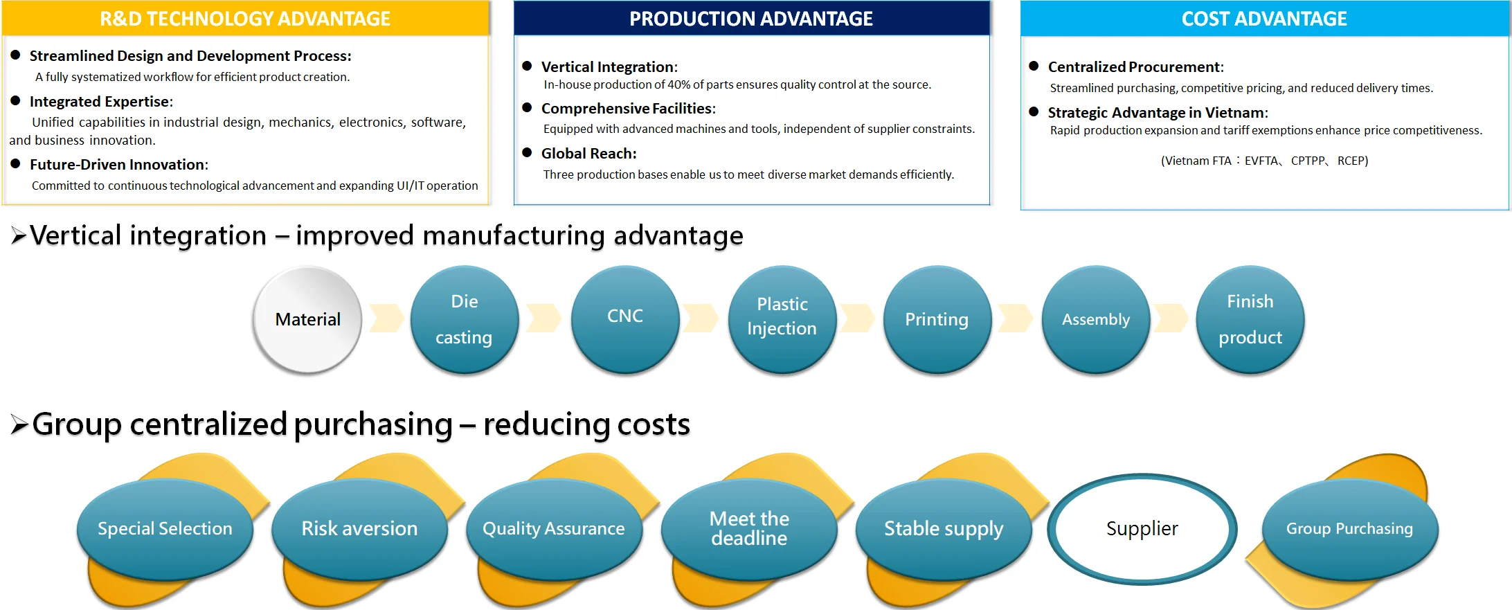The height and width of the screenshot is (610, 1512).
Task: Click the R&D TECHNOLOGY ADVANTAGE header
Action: pyautogui.click(x=246, y=19)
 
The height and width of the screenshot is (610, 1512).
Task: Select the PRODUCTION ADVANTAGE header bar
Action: pyautogui.click(x=751, y=19)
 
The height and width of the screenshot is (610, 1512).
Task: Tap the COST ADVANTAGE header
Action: pyautogui.click(x=1264, y=19)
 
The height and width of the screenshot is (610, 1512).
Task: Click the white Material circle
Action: pyautogui.click(x=307, y=319)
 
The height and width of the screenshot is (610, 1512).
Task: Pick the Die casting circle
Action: pyautogui.click(x=465, y=319)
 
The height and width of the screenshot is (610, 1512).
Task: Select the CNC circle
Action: pyautogui.click(x=625, y=319)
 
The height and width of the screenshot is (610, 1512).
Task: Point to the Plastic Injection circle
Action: pyautogui.click(x=782, y=319)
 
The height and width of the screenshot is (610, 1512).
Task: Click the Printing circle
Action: pyautogui.click(x=937, y=319)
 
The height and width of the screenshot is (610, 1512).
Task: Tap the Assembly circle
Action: pyautogui.click(x=1096, y=319)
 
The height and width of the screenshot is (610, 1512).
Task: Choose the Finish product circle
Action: pyautogui.click(x=1250, y=319)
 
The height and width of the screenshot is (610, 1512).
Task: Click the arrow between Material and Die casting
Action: pyautogui.click(x=386, y=318)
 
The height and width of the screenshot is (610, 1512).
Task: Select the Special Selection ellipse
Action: pyautogui.click(x=165, y=529)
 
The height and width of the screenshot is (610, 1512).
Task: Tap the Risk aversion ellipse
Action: pyautogui.click(x=360, y=529)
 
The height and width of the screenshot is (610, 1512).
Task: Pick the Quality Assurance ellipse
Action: pyautogui.click(x=555, y=529)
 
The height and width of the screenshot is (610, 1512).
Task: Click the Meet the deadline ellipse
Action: pyautogui.click(x=749, y=529)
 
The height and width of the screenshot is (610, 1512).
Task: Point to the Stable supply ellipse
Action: pyautogui.click(x=944, y=529)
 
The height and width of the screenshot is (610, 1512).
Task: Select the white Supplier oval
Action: pyautogui.click(x=1142, y=529)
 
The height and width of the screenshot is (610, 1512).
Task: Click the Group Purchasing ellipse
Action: pyautogui.click(x=1350, y=529)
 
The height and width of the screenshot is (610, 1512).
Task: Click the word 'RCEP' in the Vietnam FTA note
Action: pyautogui.click(x=1353, y=161)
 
